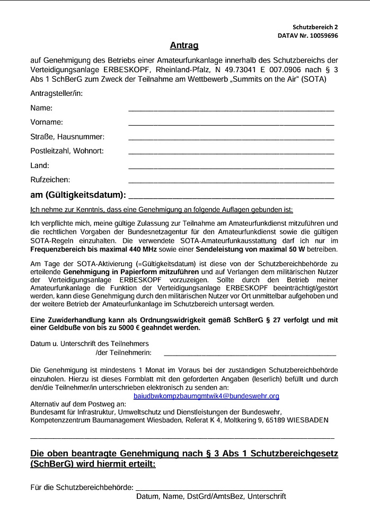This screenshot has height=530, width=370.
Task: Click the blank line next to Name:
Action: tap(231, 110)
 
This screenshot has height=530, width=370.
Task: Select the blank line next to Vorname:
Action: tap(231, 124)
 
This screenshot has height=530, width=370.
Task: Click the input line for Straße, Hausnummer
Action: tap(231, 138)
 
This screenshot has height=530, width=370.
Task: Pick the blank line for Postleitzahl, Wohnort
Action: tap(231, 153)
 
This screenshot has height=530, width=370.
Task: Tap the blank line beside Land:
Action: tap(231, 167)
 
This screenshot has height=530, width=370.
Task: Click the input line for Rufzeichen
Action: tap(231, 181)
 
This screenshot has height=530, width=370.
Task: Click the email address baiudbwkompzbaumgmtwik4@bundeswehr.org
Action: tap(206, 396)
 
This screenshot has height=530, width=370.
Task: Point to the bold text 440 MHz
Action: tap(124, 249)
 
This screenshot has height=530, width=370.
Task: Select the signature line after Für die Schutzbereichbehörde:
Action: tap(209, 487)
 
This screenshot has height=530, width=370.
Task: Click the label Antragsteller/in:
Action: tap(57, 94)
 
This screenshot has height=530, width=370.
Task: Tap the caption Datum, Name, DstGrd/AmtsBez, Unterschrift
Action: tap(211, 497)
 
